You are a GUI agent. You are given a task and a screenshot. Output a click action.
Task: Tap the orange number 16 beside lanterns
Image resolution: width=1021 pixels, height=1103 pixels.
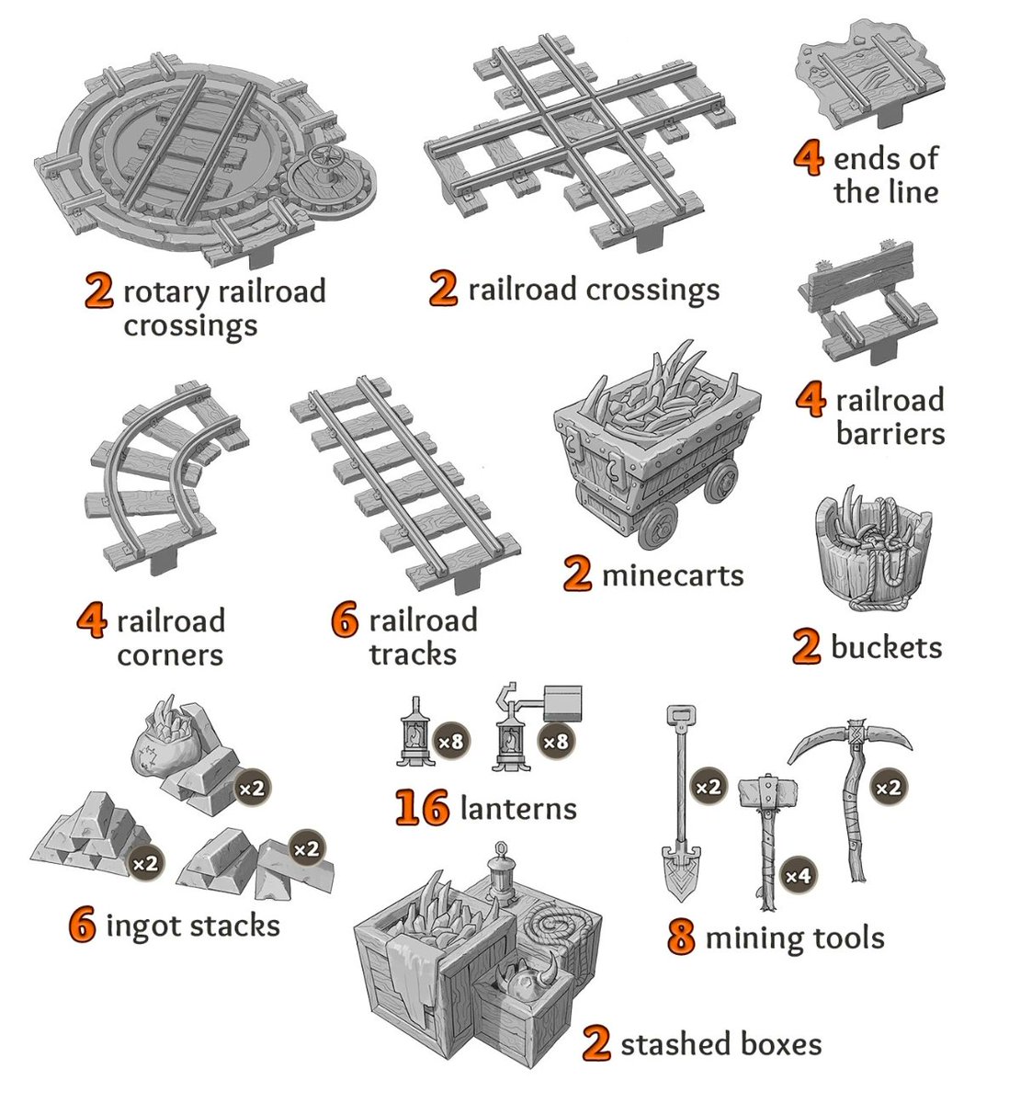(x=422, y=808)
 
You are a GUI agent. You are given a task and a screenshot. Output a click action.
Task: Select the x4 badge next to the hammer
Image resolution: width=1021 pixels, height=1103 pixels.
(x=798, y=876)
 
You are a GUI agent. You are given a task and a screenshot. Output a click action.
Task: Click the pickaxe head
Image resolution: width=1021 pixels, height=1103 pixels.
(x=850, y=738)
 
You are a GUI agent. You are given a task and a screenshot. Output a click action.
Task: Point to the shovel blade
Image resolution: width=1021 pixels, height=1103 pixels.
(x=681, y=872)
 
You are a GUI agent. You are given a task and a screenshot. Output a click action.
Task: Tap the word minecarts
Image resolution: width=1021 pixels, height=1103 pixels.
(x=673, y=576)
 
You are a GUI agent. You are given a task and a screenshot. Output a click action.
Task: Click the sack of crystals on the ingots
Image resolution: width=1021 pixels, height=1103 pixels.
(x=166, y=733)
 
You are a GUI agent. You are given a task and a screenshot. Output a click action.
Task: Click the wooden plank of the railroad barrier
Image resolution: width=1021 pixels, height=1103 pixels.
(x=860, y=276)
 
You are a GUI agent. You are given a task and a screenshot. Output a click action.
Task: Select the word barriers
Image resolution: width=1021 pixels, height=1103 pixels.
(x=891, y=433)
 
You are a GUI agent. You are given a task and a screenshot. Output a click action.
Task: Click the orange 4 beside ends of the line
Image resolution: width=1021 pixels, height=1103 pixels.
(x=808, y=158)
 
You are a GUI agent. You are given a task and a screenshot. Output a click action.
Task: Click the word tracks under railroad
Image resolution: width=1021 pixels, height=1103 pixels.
(x=413, y=654)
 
